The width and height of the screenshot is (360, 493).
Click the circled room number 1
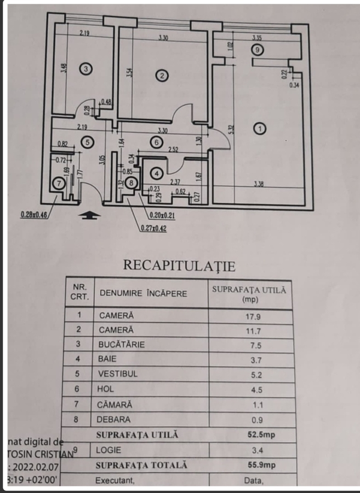tap(260, 129)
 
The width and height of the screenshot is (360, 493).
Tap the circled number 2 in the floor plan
tap(162, 76)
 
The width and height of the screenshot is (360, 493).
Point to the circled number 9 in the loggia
tap(259, 49)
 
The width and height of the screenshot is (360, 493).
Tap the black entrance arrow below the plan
tap(89, 215)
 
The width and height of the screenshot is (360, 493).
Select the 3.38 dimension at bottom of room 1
tap(259, 184)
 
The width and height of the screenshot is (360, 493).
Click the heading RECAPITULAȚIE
tap(179, 266)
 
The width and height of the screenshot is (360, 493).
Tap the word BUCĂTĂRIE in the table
tap(122, 345)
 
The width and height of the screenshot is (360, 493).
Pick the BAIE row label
tap(108, 360)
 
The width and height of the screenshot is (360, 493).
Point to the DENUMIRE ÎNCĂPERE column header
tap(143, 293)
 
